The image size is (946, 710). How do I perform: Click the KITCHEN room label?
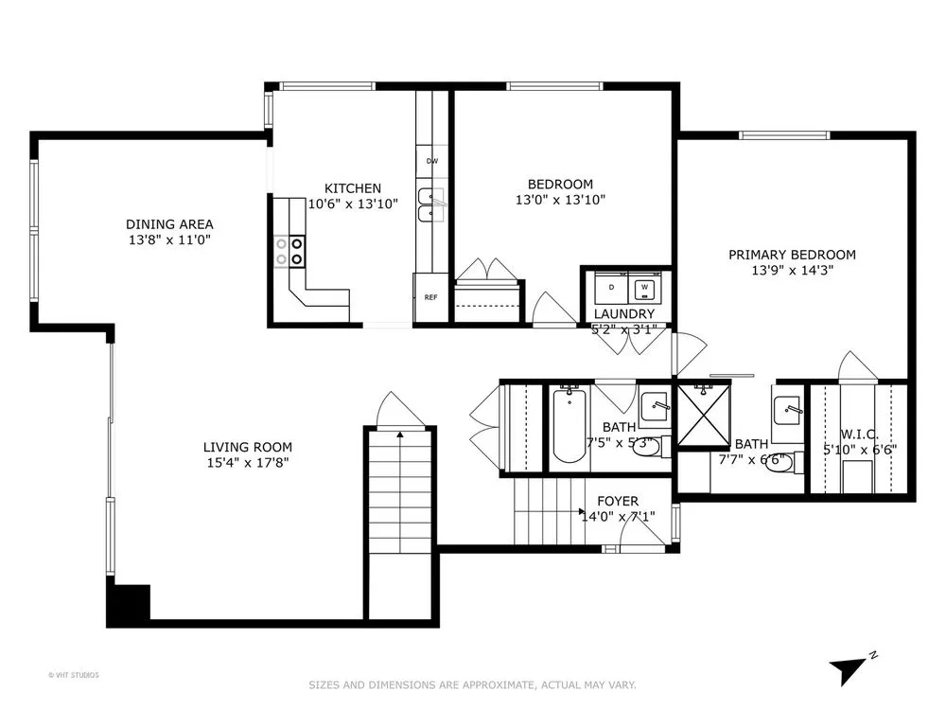click(x=353, y=188)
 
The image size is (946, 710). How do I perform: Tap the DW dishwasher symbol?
click(x=432, y=161)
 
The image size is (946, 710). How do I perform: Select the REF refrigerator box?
click(x=430, y=297)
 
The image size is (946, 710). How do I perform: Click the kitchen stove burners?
click(x=289, y=251)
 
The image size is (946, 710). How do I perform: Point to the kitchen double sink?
click(x=430, y=205)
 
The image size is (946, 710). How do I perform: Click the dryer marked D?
click(x=611, y=288)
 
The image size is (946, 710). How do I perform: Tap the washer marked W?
click(x=644, y=288)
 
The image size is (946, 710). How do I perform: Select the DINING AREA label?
click(x=169, y=224)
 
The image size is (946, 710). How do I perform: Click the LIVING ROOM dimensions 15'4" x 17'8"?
click(x=247, y=463)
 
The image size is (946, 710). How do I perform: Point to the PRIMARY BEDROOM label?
click(x=792, y=255)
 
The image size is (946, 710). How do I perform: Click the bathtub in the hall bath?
click(x=569, y=426)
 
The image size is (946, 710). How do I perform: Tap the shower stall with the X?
click(x=703, y=415)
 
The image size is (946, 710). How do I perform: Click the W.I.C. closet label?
click(x=859, y=435)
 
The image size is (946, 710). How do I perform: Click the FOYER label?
click(x=618, y=501)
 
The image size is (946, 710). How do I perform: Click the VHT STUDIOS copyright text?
click(x=74, y=675)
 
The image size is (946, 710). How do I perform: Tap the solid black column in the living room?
click(x=129, y=606)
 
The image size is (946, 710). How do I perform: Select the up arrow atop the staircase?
click(x=399, y=434)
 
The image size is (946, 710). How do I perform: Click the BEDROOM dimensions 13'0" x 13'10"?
click(x=560, y=200)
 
